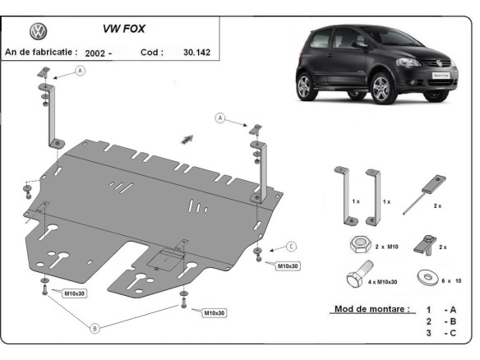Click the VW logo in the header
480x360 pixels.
pyautogui.click(x=37, y=31)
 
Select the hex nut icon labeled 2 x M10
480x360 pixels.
pyautogui.click(x=358, y=245)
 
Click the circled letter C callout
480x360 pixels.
pyautogui.click(x=292, y=246)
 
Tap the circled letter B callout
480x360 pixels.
pyautogui.click(x=95, y=328)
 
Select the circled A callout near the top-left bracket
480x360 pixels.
pyautogui.click(x=81, y=72)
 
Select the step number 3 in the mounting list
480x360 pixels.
pyautogui.click(x=428, y=334)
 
